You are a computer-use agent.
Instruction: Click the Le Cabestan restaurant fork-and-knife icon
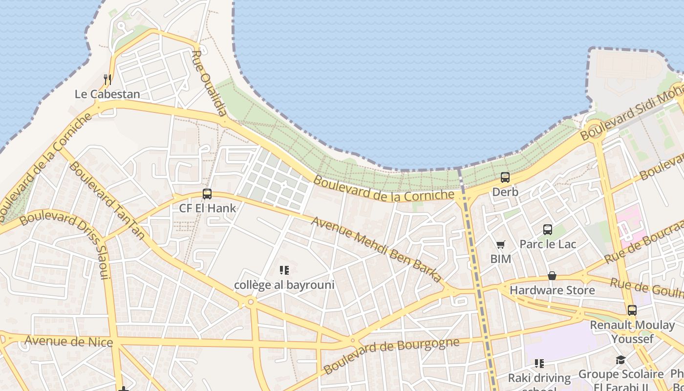[x=107, y=79]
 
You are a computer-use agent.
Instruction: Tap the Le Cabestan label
[x=107, y=94]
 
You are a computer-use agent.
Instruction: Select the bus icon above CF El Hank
[x=207, y=194]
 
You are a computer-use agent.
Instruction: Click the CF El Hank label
[x=208, y=208]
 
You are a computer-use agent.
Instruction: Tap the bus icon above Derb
[x=505, y=177]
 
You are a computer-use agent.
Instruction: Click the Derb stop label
[x=505, y=192]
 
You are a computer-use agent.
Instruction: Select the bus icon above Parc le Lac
[x=548, y=229]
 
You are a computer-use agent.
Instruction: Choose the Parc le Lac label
[x=548, y=244]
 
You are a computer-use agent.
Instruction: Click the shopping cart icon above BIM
[x=500, y=244]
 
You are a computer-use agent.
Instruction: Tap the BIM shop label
[x=501, y=259]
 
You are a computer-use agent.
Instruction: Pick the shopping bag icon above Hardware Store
[x=552, y=276]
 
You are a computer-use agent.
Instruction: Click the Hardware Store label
[x=552, y=290]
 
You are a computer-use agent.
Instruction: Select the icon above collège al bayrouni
[x=284, y=270]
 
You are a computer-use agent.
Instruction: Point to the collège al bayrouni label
[x=284, y=284]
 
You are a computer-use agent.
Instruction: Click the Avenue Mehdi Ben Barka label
[x=376, y=249]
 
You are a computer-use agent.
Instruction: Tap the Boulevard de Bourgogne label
[x=391, y=355]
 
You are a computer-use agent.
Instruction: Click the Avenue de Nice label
[x=68, y=341]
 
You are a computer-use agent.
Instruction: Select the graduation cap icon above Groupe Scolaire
[x=620, y=360]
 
